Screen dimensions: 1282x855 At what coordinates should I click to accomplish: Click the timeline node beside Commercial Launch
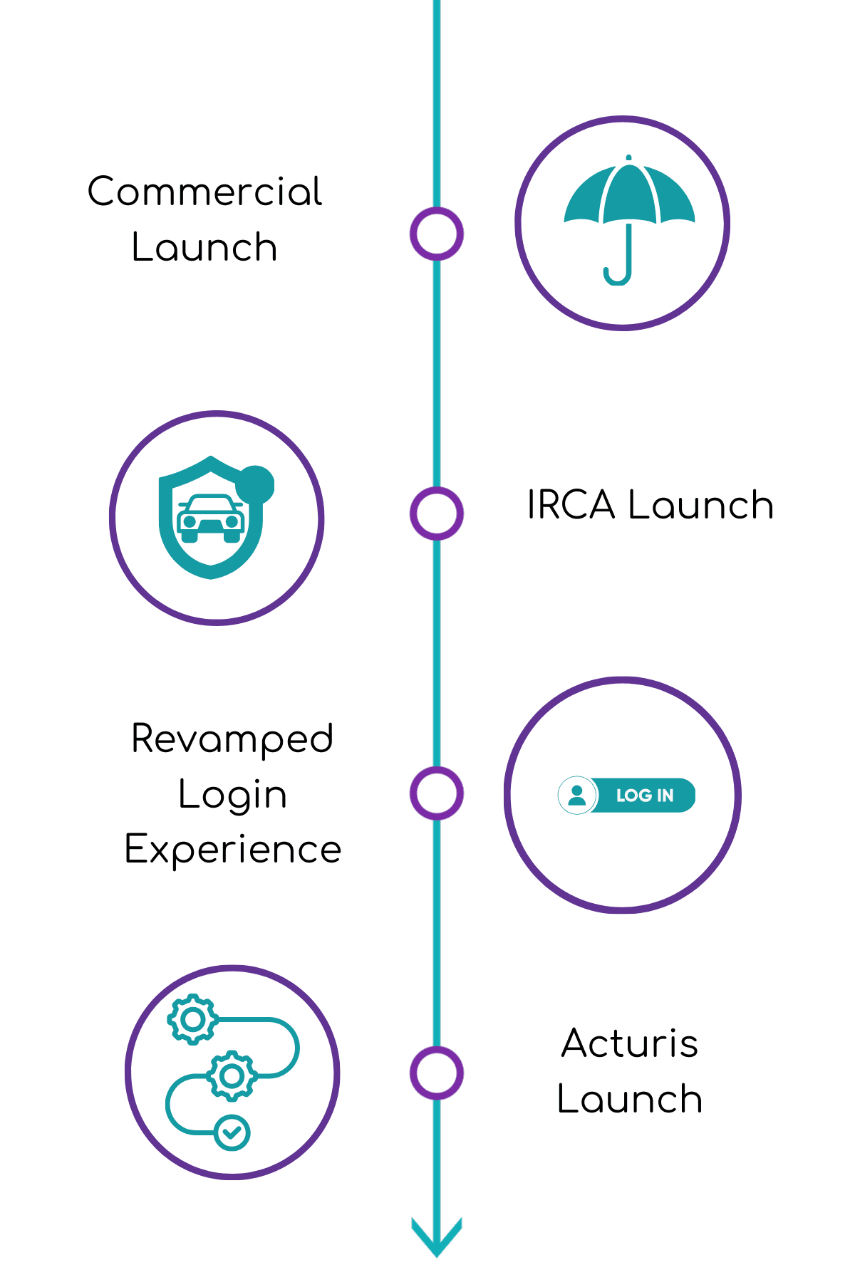click(x=437, y=234)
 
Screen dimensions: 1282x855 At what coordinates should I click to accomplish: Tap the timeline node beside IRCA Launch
click(x=437, y=514)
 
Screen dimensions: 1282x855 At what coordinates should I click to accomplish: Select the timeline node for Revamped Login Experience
click(x=437, y=793)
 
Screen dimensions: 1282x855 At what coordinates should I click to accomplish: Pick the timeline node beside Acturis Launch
click(x=437, y=1073)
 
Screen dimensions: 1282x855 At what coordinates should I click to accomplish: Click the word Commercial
click(x=205, y=192)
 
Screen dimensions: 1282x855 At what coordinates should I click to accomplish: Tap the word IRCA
click(x=571, y=506)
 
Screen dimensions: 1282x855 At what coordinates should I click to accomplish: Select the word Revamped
click(x=232, y=739)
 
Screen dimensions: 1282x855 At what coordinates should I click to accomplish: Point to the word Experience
click(x=233, y=850)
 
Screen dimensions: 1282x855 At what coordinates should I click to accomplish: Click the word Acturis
click(x=630, y=1044)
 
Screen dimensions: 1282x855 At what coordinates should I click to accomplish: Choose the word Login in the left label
click(x=232, y=795)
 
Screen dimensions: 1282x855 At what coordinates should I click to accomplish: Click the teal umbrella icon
click(x=628, y=196)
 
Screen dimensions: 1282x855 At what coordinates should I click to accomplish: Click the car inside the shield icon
click(x=211, y=518)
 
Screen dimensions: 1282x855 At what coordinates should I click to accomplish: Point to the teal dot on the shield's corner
click(x=255, y=484)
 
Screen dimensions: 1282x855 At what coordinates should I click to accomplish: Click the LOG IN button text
click(x=645, y=796)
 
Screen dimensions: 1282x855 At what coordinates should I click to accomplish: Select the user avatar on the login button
click(x=578, y=795)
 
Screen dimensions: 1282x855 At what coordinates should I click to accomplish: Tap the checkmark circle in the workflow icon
click(x=232, y=1132)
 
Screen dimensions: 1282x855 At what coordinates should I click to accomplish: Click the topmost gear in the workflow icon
click(x=192, y=1019)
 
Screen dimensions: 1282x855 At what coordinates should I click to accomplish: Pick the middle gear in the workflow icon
click(x=232, y=1075)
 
